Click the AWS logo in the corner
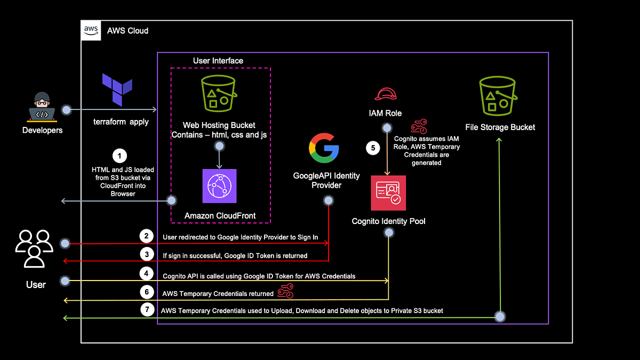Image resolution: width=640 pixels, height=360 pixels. (x=91, y=30)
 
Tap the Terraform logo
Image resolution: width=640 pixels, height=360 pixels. (x=117, y=91)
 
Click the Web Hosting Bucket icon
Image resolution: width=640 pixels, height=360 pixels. (x=218, y=95)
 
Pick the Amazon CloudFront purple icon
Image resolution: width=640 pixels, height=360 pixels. (x=219, y=186)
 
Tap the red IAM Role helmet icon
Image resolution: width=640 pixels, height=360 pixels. (x=385, y=94)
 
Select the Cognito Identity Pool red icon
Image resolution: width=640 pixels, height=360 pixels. (x=388, y=193)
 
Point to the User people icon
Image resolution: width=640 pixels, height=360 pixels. (x=35, y=249)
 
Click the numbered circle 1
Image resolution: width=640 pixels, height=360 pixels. (x=120, y=156)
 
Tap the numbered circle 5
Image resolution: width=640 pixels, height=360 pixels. (x=373, y=148)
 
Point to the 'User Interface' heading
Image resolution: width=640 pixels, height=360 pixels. (x=218, y=61)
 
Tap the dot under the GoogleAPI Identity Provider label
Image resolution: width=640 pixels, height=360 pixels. (x=329, y=201)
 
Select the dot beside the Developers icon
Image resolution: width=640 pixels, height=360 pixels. (x=67, y=110)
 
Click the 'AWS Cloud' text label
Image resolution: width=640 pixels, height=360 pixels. (x=127, y=31)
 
